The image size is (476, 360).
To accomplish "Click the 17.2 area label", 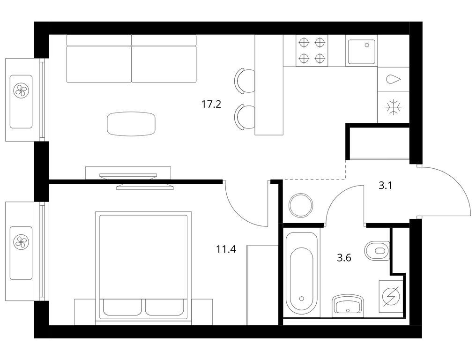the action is pyautogui.click(x=211, y=105).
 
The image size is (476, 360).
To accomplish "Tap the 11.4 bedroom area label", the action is pyautogui.click(x=226, y=249).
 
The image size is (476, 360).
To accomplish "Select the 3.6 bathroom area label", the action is pyautogui.click(x=344, y=258).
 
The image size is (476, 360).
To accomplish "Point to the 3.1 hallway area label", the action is pyautogui.click(x=385, y=185).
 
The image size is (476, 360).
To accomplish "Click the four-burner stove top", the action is pyautogui.click(x=312, y=51).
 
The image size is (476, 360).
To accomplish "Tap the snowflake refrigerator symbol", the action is pyautogui.click(x=394, y=107).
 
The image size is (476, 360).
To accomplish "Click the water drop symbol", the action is pyautogui.click(x=394, y=79).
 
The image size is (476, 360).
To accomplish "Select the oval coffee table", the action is pyautogui.click(x=131, y=124).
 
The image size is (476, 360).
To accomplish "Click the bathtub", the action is pyautogui.click(x=301, y=273).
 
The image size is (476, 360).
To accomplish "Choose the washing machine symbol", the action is pyautogui.click(x=391, y=296).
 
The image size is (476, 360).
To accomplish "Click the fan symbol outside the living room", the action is pyautogui.click(x=21, y=90).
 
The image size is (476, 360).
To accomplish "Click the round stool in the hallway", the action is pyautogui.click(x=301, y=205).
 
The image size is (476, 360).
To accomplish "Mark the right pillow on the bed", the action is pyautogui.click(x=164, y=307).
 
